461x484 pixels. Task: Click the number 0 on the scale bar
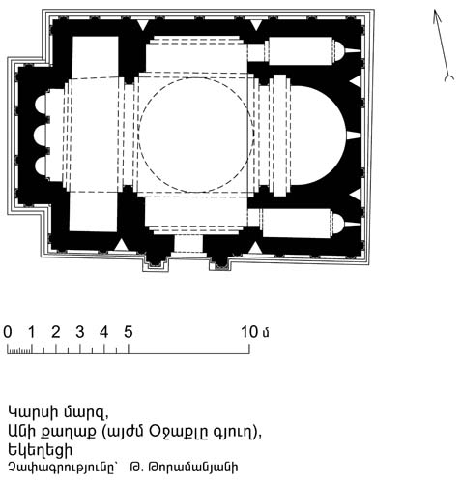8,332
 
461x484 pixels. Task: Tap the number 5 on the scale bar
129,332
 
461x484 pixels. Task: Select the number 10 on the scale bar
249,332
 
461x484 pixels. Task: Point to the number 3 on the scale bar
80,332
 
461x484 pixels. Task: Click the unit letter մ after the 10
266,333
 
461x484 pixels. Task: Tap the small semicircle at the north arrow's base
449,78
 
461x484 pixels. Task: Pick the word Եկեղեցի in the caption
41,450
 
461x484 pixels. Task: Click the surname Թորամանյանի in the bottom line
192,468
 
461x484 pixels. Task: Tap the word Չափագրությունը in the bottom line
62,468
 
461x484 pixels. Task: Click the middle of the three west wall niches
40,135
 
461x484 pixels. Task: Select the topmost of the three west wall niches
40,105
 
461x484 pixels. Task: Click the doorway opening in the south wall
188,244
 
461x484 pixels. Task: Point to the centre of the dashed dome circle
196,135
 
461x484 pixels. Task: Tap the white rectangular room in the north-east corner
300,51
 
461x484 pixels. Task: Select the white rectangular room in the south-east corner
297,224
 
